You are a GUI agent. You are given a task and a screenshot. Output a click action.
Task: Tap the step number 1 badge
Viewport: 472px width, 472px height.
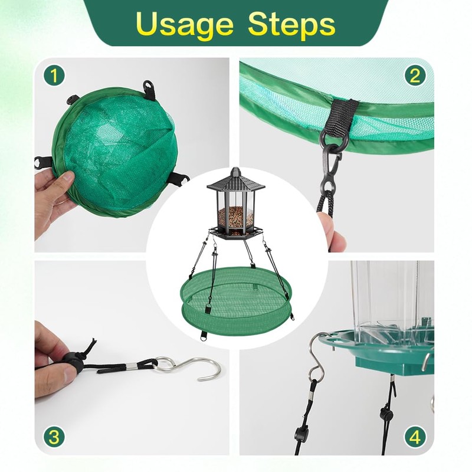[x=54, y=76]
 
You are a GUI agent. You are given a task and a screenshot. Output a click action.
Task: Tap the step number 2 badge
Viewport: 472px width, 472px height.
[x=415, y=76]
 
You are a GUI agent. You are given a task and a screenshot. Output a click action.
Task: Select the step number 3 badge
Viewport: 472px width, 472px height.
[x=54, y=437]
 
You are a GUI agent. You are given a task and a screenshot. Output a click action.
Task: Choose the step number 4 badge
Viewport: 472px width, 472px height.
[x=415, y=437]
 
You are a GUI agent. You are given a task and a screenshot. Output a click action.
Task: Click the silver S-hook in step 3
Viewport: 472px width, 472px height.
[x=187, y=366]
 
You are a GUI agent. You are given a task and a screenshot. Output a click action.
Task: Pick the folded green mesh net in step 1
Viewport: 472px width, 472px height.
[x=116, y=150]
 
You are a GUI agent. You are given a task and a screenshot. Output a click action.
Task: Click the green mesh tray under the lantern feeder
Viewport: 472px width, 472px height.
[x=236, y=301]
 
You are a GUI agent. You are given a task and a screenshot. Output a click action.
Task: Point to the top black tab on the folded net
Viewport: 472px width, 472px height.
[x=150, y=89]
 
